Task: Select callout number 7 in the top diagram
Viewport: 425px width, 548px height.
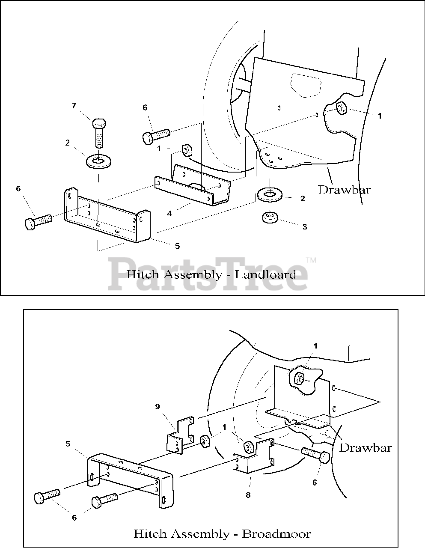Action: (74, 105)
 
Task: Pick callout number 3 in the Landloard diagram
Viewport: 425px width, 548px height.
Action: (304, 227)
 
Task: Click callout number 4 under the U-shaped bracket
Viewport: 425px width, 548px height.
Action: (169, 213)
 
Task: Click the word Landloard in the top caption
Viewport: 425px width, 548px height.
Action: (266, 274)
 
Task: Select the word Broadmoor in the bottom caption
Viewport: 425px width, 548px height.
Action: (276, 534)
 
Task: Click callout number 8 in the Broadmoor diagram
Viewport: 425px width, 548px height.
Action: (248, 495)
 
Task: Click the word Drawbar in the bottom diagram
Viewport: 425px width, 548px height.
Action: (365, 448)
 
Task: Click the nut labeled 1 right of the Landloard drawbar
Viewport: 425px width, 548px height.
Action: (340, 108)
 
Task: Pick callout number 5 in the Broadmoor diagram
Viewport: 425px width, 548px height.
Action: (68, 444)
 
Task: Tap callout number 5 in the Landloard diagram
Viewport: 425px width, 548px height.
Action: (177, 246)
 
